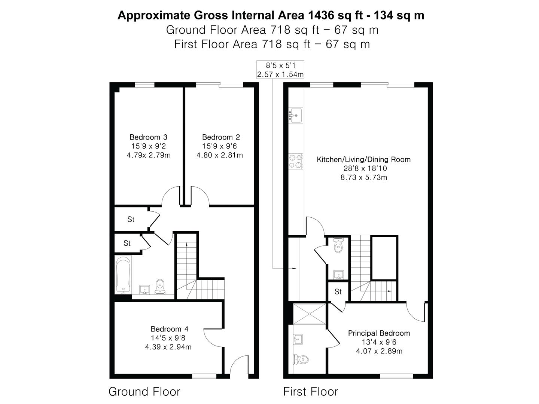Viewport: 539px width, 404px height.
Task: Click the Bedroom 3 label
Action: coord(148,137)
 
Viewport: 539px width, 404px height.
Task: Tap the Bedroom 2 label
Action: coord(221,137)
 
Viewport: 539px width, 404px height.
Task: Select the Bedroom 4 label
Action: coord(170,329)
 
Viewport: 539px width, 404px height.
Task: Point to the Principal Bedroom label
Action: coord(379,333)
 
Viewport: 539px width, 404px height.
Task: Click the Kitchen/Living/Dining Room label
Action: coord(364,159)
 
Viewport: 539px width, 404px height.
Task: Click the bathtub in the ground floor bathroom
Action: coord(123,275)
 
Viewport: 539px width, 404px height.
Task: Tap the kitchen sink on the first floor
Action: coord(296,115)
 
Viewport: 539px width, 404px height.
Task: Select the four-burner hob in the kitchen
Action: coord(296,161)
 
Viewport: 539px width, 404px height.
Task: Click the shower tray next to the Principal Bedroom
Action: coord(310,314)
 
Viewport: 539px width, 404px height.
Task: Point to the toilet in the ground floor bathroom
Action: coord(160,287)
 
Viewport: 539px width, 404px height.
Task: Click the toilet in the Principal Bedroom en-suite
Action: coord(301,360)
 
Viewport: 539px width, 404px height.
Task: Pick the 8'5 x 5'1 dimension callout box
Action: coord(280,70)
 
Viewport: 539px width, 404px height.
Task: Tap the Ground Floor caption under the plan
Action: coord(144,392)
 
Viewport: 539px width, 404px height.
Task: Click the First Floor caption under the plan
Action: coord(310,392)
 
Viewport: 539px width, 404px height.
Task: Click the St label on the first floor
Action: coord(338,292)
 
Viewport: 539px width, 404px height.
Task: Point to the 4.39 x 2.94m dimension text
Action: coord(168,347)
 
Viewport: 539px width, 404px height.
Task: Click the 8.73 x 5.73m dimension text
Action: coord(364,177)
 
